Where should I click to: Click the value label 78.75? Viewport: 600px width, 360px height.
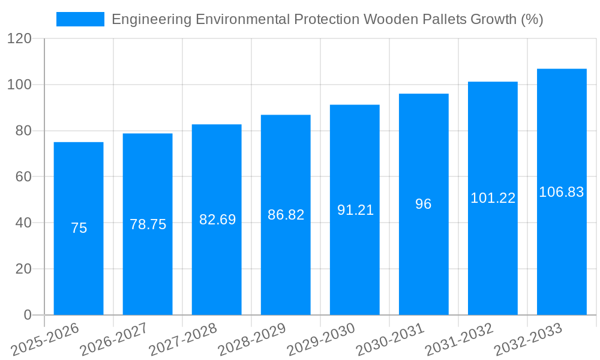tap(148, 224)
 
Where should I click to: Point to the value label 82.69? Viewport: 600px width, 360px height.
tap(217, 220)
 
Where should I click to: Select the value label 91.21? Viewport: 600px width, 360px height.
tap(355, 210)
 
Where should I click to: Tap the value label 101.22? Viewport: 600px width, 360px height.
tap(493, 198)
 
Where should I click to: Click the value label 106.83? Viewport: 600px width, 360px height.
tap(562, 192)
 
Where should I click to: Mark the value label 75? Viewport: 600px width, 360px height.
tap(79, 228)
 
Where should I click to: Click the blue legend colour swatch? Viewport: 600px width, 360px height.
tap(80, 19)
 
